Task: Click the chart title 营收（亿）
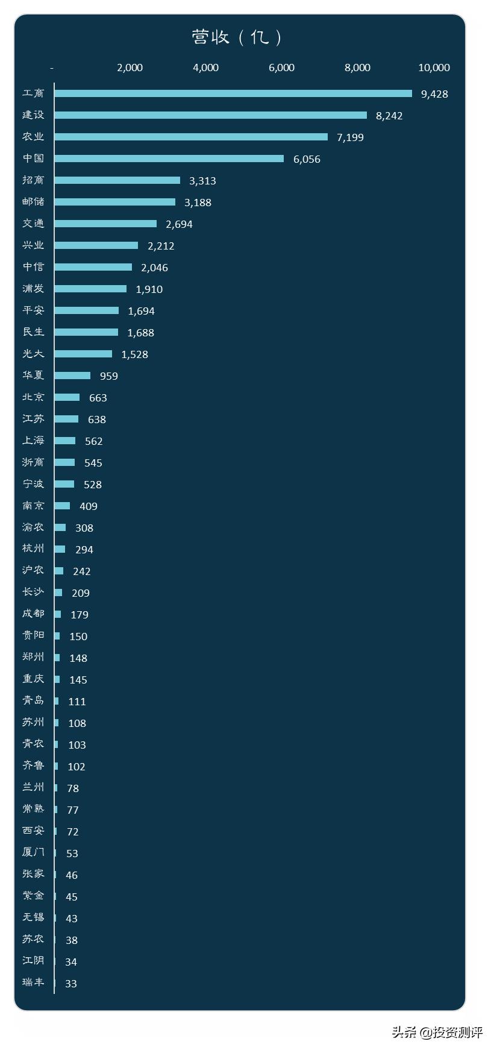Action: coord(237,37)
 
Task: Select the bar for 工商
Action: coord(233,93)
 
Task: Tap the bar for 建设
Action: coord(210,115)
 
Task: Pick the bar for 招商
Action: coord(117,180)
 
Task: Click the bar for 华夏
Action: coord(72,376)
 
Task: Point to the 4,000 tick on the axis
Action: coord(205,68)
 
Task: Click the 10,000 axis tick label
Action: coord(434,68)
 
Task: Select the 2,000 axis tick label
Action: coord(130,68)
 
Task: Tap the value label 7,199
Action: coord(350,137)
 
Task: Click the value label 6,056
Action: coord(307,159)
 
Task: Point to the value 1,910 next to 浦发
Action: coord(149,289)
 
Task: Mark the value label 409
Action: coord(89,506)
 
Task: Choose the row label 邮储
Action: coord(33,201)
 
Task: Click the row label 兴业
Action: coord(33,245)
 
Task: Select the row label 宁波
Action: coord(33,483)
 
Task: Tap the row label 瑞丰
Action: coord(33,982)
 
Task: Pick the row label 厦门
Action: coord(33,852)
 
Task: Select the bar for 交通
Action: coord(105,224)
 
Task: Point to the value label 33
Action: coord(71,984)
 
